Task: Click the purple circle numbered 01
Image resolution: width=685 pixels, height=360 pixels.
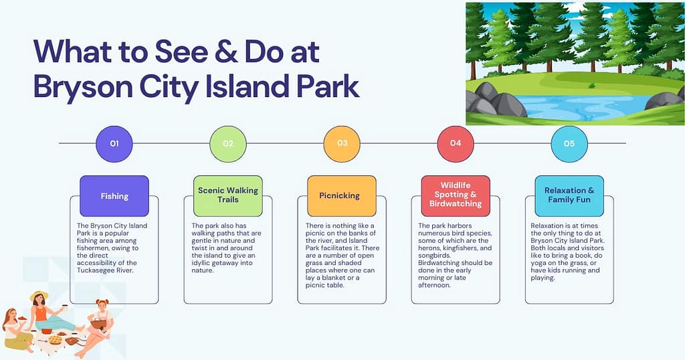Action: [114, 143]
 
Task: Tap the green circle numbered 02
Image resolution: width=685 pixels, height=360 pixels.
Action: [228, 143]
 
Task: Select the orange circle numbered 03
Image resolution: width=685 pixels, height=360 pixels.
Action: [342, 143]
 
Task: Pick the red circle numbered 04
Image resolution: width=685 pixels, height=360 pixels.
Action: [456, 143]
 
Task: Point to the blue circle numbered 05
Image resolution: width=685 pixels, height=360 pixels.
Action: [569, 143]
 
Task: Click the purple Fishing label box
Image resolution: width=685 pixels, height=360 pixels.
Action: [114, 196]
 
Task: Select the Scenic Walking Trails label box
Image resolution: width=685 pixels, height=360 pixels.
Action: [228, 195]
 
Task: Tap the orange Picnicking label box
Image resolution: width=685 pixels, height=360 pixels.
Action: [342, 196]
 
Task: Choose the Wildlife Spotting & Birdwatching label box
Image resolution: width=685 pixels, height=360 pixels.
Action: [456, 195]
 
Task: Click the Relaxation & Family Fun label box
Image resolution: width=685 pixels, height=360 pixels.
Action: [569, 195]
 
